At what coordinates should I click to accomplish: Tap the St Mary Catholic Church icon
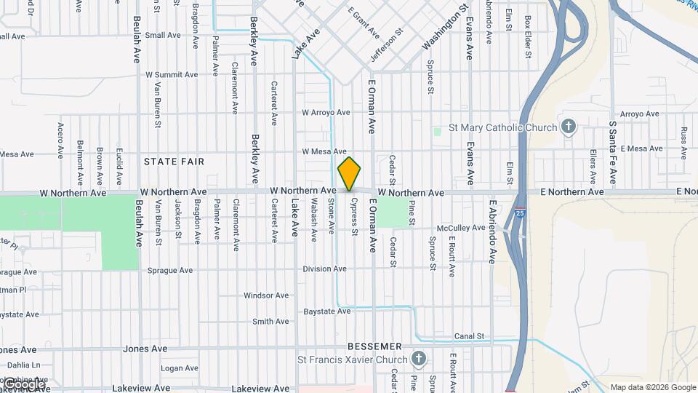569,127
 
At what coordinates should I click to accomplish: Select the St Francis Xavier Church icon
418,358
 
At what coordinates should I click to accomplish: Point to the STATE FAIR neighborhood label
174,161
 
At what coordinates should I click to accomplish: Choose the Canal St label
469,336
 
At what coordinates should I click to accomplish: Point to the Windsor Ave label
267,295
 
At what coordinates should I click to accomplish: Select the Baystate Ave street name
327,311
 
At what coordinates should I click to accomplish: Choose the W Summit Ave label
172,74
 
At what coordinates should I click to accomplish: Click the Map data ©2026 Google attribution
653,387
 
